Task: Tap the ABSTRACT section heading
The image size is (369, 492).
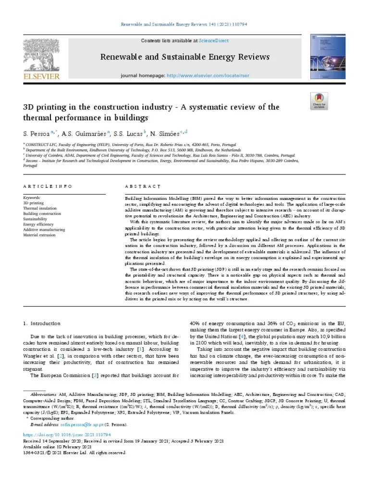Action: click(x=143, y=186)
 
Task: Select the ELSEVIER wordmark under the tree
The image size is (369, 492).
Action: click(x=42, y=76)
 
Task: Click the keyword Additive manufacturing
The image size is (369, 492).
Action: click(x=44, y=230)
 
